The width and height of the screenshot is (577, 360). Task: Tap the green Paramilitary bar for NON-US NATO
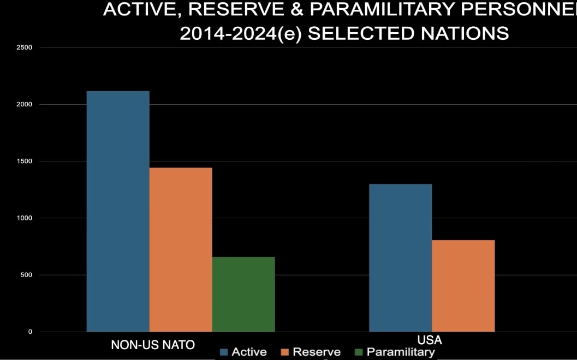243,294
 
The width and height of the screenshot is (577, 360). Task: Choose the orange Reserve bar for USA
463,286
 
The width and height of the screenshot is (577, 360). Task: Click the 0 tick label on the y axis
30,332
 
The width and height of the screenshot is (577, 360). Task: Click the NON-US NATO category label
153,345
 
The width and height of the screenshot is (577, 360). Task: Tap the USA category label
429,340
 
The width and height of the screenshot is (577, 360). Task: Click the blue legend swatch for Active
223,352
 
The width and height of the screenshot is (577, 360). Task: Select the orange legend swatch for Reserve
284,352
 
